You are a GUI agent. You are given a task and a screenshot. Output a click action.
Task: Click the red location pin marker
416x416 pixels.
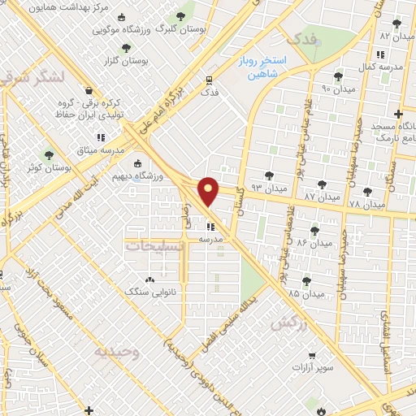pyautogui.click(x=210, y=192)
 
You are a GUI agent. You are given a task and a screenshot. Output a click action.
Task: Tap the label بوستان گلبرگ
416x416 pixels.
pyautogui.click(x=180, y=28)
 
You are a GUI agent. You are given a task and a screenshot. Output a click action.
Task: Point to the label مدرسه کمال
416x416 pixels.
pyautogui.click(x=379, y=67)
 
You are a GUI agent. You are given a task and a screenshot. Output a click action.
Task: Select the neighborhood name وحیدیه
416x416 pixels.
pyautogui.click(x=117, y=351)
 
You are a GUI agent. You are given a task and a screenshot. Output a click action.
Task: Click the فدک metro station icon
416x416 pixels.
pyautogui.click(x=209, y=81)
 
